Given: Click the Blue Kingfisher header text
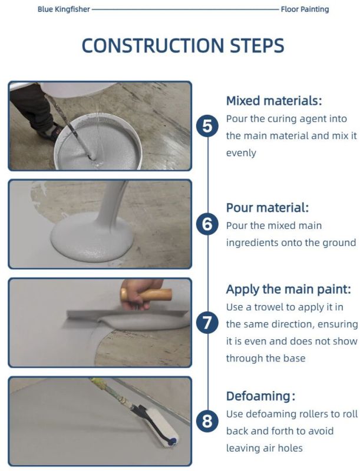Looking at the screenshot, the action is click(64, 9).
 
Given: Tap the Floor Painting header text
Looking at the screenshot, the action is click(305, 9).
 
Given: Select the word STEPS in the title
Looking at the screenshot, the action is click(257, 46).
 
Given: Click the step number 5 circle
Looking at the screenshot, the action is click(207, 126).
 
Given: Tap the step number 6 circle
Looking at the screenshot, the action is click(207, 224).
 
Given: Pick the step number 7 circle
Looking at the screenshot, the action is click(207, 323).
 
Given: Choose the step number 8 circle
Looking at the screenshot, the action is click(207, 421).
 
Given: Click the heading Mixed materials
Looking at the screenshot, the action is click(274, 101).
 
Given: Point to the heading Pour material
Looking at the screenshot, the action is click(267, 208).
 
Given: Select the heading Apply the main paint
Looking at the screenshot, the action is click(289, 289).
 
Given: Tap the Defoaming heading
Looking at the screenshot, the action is click(260, 396).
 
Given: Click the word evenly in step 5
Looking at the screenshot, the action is click(241, 153).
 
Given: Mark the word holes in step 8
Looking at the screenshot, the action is click(290, 448).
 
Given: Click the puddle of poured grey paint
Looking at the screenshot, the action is click(93, 237).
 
